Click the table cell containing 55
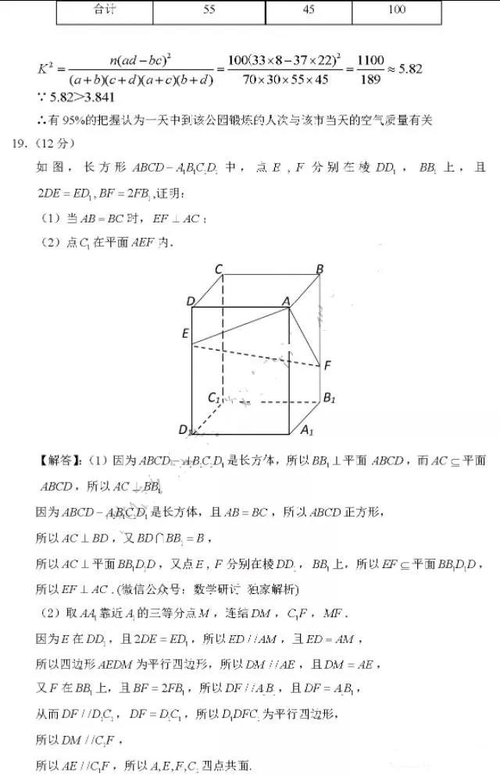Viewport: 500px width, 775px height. tap(209, 10)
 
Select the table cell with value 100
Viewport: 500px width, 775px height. tap(396, 10)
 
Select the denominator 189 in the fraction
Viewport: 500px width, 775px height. tap(370, 78)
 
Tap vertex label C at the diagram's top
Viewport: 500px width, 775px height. tap(220, 270)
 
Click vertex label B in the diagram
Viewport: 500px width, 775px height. tap(320, 269)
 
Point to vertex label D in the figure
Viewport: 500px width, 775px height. tap(191, 301)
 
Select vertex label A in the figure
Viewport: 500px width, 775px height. tap(286, 301)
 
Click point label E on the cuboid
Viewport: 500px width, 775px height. tap(185, 333)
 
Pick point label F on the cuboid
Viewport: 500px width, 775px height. tap(327, 364)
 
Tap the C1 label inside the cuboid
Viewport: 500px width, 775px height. tap(213, 397)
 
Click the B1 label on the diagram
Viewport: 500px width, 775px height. tap(329, 397)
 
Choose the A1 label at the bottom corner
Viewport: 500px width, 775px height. tap(307, 429)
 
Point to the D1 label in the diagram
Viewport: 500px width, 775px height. tap(185, 430)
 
